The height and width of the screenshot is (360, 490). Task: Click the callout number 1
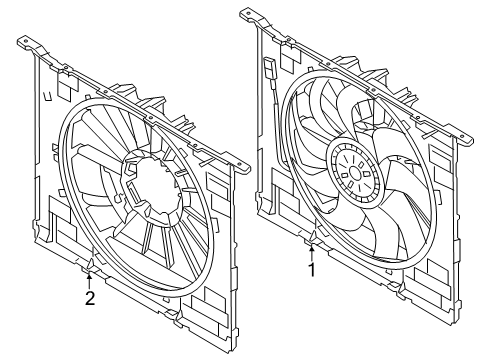click(312, 270)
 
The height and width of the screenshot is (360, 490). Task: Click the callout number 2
click(90, 298)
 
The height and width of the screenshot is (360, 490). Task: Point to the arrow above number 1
click(312, 253)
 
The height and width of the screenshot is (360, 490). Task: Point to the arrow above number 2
click(89, 280)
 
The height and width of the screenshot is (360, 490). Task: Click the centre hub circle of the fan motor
click(355, 174)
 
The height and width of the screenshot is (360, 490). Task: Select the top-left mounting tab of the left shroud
click(26, 42)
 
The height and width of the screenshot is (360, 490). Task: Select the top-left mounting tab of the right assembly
click(249, 14)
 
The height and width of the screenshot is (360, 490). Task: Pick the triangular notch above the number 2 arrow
click(90, 264)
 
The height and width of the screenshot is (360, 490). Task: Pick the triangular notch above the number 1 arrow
click(312, 237)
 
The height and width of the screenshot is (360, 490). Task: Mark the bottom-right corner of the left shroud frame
click(233, 350)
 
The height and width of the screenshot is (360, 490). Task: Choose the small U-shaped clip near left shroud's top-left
click(48, 97)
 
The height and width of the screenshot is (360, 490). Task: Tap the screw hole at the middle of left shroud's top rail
click(151, 118)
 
